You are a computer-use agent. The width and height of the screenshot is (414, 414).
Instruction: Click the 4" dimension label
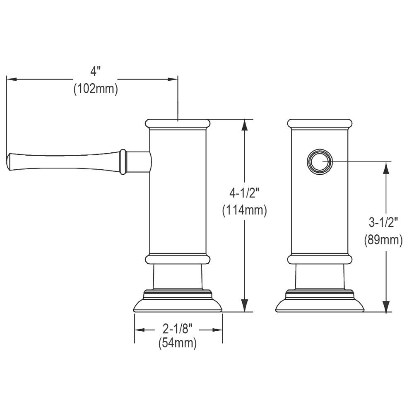coord(96,71)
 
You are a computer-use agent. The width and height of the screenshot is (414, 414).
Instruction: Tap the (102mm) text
coord(96,89)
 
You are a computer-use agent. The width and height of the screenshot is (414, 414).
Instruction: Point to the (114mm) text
coord(245,211)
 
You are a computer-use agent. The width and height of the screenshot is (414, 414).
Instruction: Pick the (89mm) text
coord(383,240)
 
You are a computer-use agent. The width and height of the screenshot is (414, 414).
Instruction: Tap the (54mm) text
coord(178,343)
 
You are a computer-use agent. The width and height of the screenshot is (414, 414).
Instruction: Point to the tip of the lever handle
coord(7,161)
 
